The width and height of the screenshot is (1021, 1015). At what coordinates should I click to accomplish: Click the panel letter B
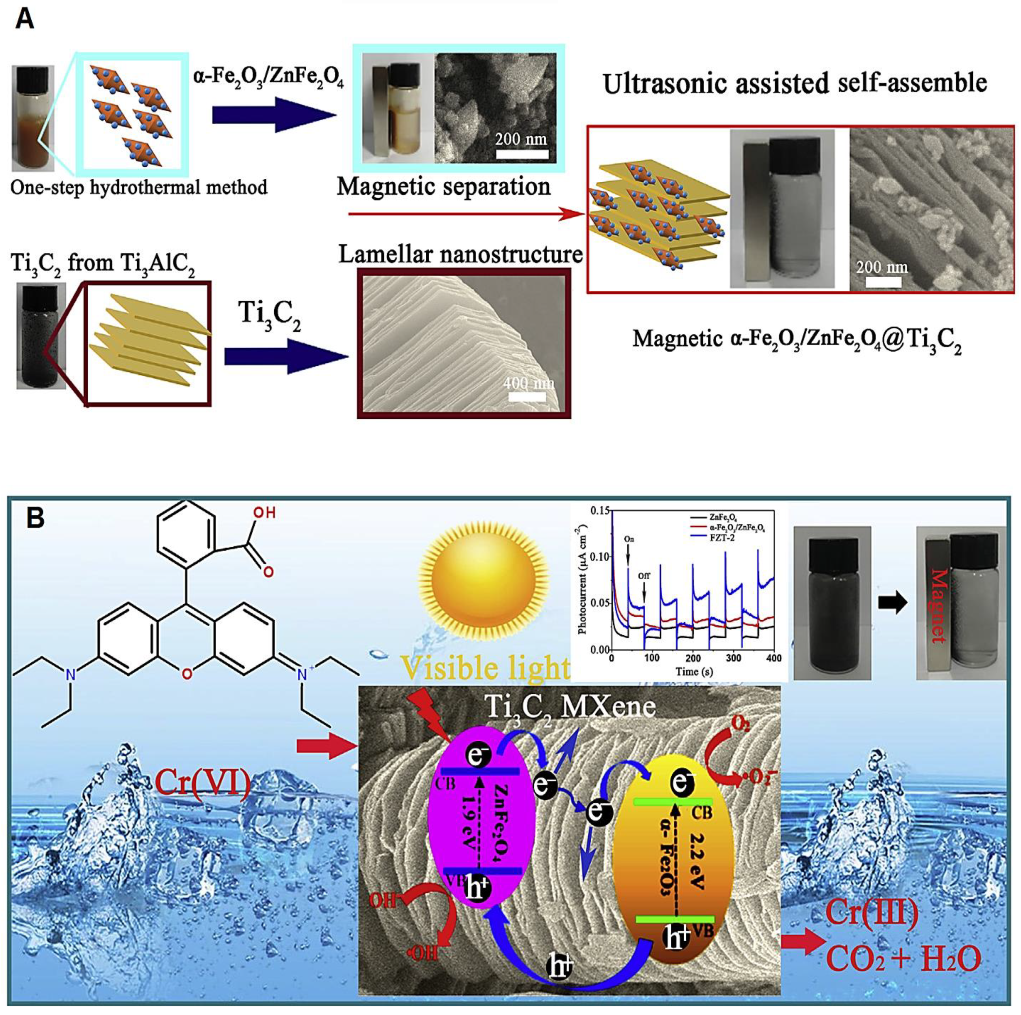coord(36,518)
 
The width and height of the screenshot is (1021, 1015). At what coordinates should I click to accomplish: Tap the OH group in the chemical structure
coord(264,512)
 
